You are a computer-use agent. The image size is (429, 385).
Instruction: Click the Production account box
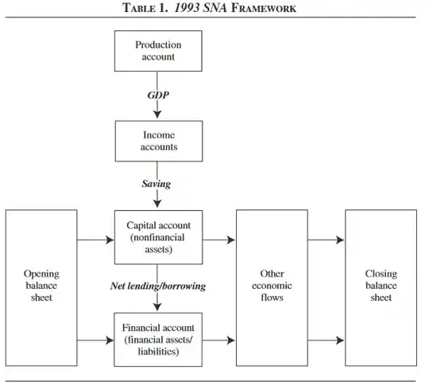click(x=157, y=52)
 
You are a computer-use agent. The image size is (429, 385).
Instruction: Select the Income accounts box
click(x=157, y=141)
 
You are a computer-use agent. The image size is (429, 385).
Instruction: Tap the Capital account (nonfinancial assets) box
click(x=157, y=237)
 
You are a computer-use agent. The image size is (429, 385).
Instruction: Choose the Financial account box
click(x=157, y=340)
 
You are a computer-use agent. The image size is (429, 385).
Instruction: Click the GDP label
click(x=157, y=94)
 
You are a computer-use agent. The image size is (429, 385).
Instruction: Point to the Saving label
click(x=157, y=184)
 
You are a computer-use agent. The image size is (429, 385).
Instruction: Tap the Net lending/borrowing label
click(x=157, y=286)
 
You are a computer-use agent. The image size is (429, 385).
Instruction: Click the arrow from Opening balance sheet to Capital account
click(x=95, y=238)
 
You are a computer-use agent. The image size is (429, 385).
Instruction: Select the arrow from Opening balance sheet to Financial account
click(x=95, y=340)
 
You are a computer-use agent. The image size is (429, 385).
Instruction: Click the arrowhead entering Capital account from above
click(x=157, y=206)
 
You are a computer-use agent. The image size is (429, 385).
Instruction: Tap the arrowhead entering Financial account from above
click(x=157, y=309)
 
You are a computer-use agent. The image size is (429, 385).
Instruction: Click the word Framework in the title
click(x=263, y=9)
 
